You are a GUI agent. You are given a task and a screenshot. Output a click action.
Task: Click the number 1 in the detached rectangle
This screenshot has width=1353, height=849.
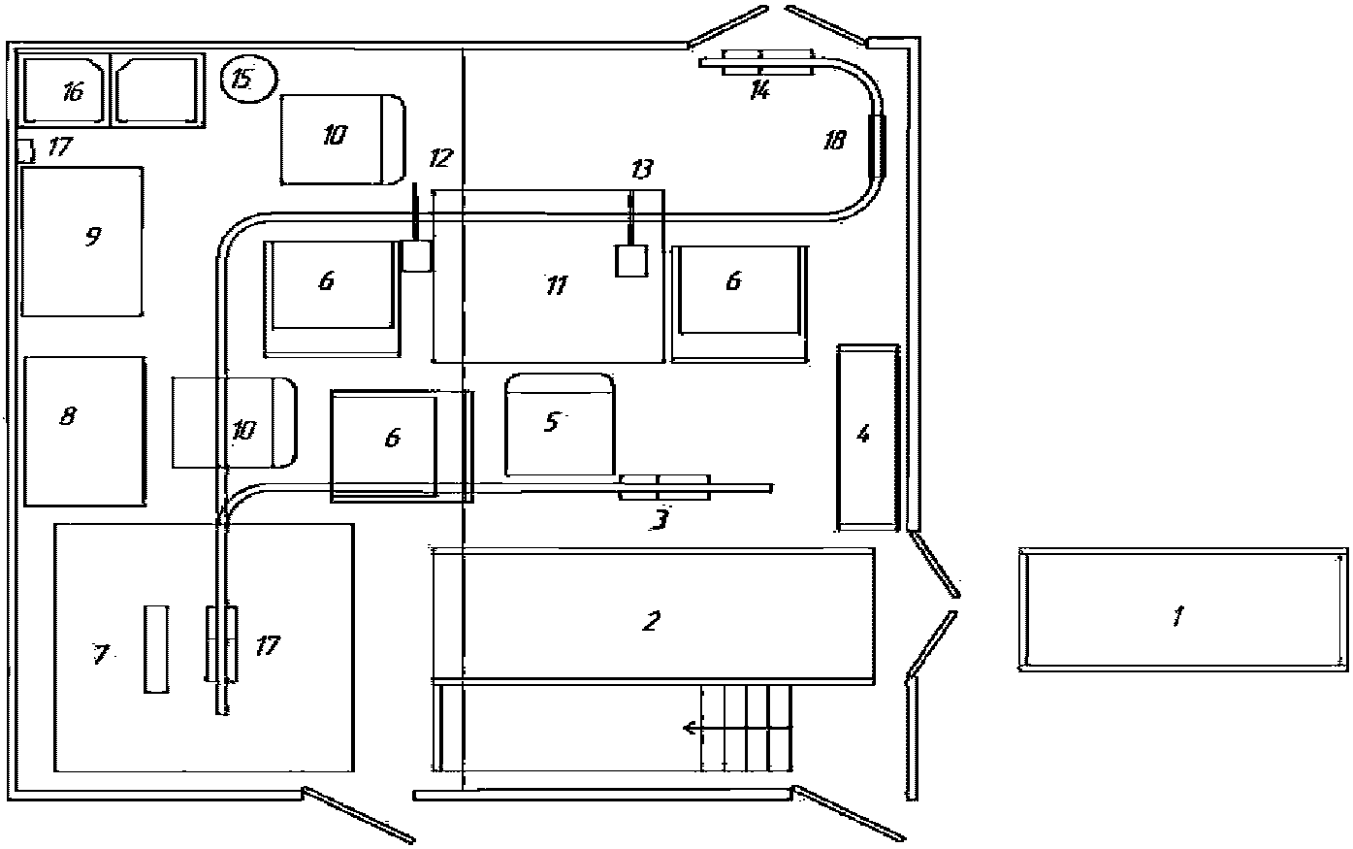click(1177, 616)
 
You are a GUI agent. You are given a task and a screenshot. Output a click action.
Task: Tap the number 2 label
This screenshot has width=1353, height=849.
click(651, 621)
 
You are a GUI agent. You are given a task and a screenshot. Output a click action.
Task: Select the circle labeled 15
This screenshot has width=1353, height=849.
click(248, 79)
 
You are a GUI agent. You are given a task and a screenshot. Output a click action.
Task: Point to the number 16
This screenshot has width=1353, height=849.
click(73, 92)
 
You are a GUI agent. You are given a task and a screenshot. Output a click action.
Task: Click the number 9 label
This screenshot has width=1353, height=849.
click(93, 236)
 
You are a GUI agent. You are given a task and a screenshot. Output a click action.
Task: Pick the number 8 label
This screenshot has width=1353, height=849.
click(68, 415)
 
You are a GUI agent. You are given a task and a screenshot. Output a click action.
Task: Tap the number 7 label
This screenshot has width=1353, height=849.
click(100, 654)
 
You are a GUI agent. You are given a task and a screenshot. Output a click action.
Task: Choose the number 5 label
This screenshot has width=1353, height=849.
click(552, 421)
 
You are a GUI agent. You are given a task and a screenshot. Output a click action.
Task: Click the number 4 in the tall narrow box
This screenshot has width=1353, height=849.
click(864, 434)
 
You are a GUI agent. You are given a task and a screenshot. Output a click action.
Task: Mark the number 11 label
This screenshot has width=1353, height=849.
click(557, 284)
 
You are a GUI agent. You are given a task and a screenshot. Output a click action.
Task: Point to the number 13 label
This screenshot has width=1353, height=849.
click(641, 169)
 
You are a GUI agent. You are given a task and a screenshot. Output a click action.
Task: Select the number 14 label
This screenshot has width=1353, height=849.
click(759, 91)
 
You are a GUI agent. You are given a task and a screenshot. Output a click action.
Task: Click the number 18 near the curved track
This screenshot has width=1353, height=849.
click(835, 141)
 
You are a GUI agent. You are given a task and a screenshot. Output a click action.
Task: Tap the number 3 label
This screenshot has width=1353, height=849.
click(660, 519)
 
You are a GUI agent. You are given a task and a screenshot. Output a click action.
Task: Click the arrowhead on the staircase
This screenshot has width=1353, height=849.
click(690, 728)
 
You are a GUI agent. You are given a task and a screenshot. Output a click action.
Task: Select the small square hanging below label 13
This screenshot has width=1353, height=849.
click(631, 261)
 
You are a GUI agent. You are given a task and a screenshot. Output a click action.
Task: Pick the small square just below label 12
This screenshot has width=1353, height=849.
click(417, 256)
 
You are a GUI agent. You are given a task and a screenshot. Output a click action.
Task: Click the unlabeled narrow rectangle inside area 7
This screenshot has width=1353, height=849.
click(156, 648)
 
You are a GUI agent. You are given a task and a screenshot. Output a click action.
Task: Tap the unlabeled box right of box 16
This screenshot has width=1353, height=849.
click(157, 90)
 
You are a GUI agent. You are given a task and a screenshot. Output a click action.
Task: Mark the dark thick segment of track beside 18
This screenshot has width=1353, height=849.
click(877, 145)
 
